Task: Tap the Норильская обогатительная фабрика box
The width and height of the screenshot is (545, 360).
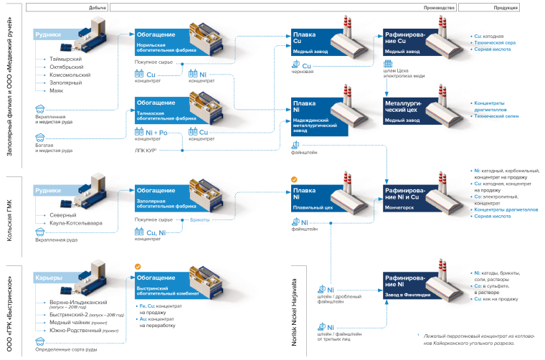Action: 161,39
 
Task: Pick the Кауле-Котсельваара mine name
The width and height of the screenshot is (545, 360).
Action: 75,223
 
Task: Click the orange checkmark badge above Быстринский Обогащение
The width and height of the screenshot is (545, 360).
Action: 138,266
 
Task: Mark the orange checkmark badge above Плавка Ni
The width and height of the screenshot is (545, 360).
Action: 293,179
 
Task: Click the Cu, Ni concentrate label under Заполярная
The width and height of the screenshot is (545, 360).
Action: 155,232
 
